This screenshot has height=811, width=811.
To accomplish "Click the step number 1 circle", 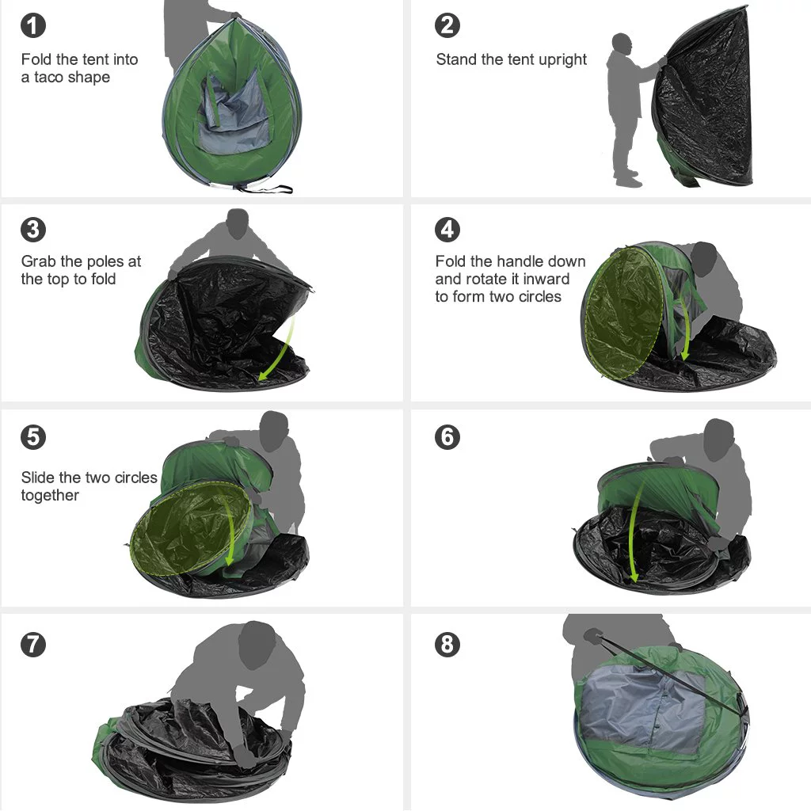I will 32,25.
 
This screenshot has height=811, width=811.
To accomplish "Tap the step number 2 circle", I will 447,25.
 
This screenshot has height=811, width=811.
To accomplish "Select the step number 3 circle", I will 32,230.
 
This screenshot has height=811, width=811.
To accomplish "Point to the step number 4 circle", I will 447,230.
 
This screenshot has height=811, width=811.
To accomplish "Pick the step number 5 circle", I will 32,437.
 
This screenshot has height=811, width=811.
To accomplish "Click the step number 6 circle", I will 447,437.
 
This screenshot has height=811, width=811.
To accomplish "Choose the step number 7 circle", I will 32,644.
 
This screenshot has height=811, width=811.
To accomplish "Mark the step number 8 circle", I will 447,644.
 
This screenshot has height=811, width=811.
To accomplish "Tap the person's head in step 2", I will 622,43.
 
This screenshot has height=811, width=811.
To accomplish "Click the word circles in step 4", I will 539,297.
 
